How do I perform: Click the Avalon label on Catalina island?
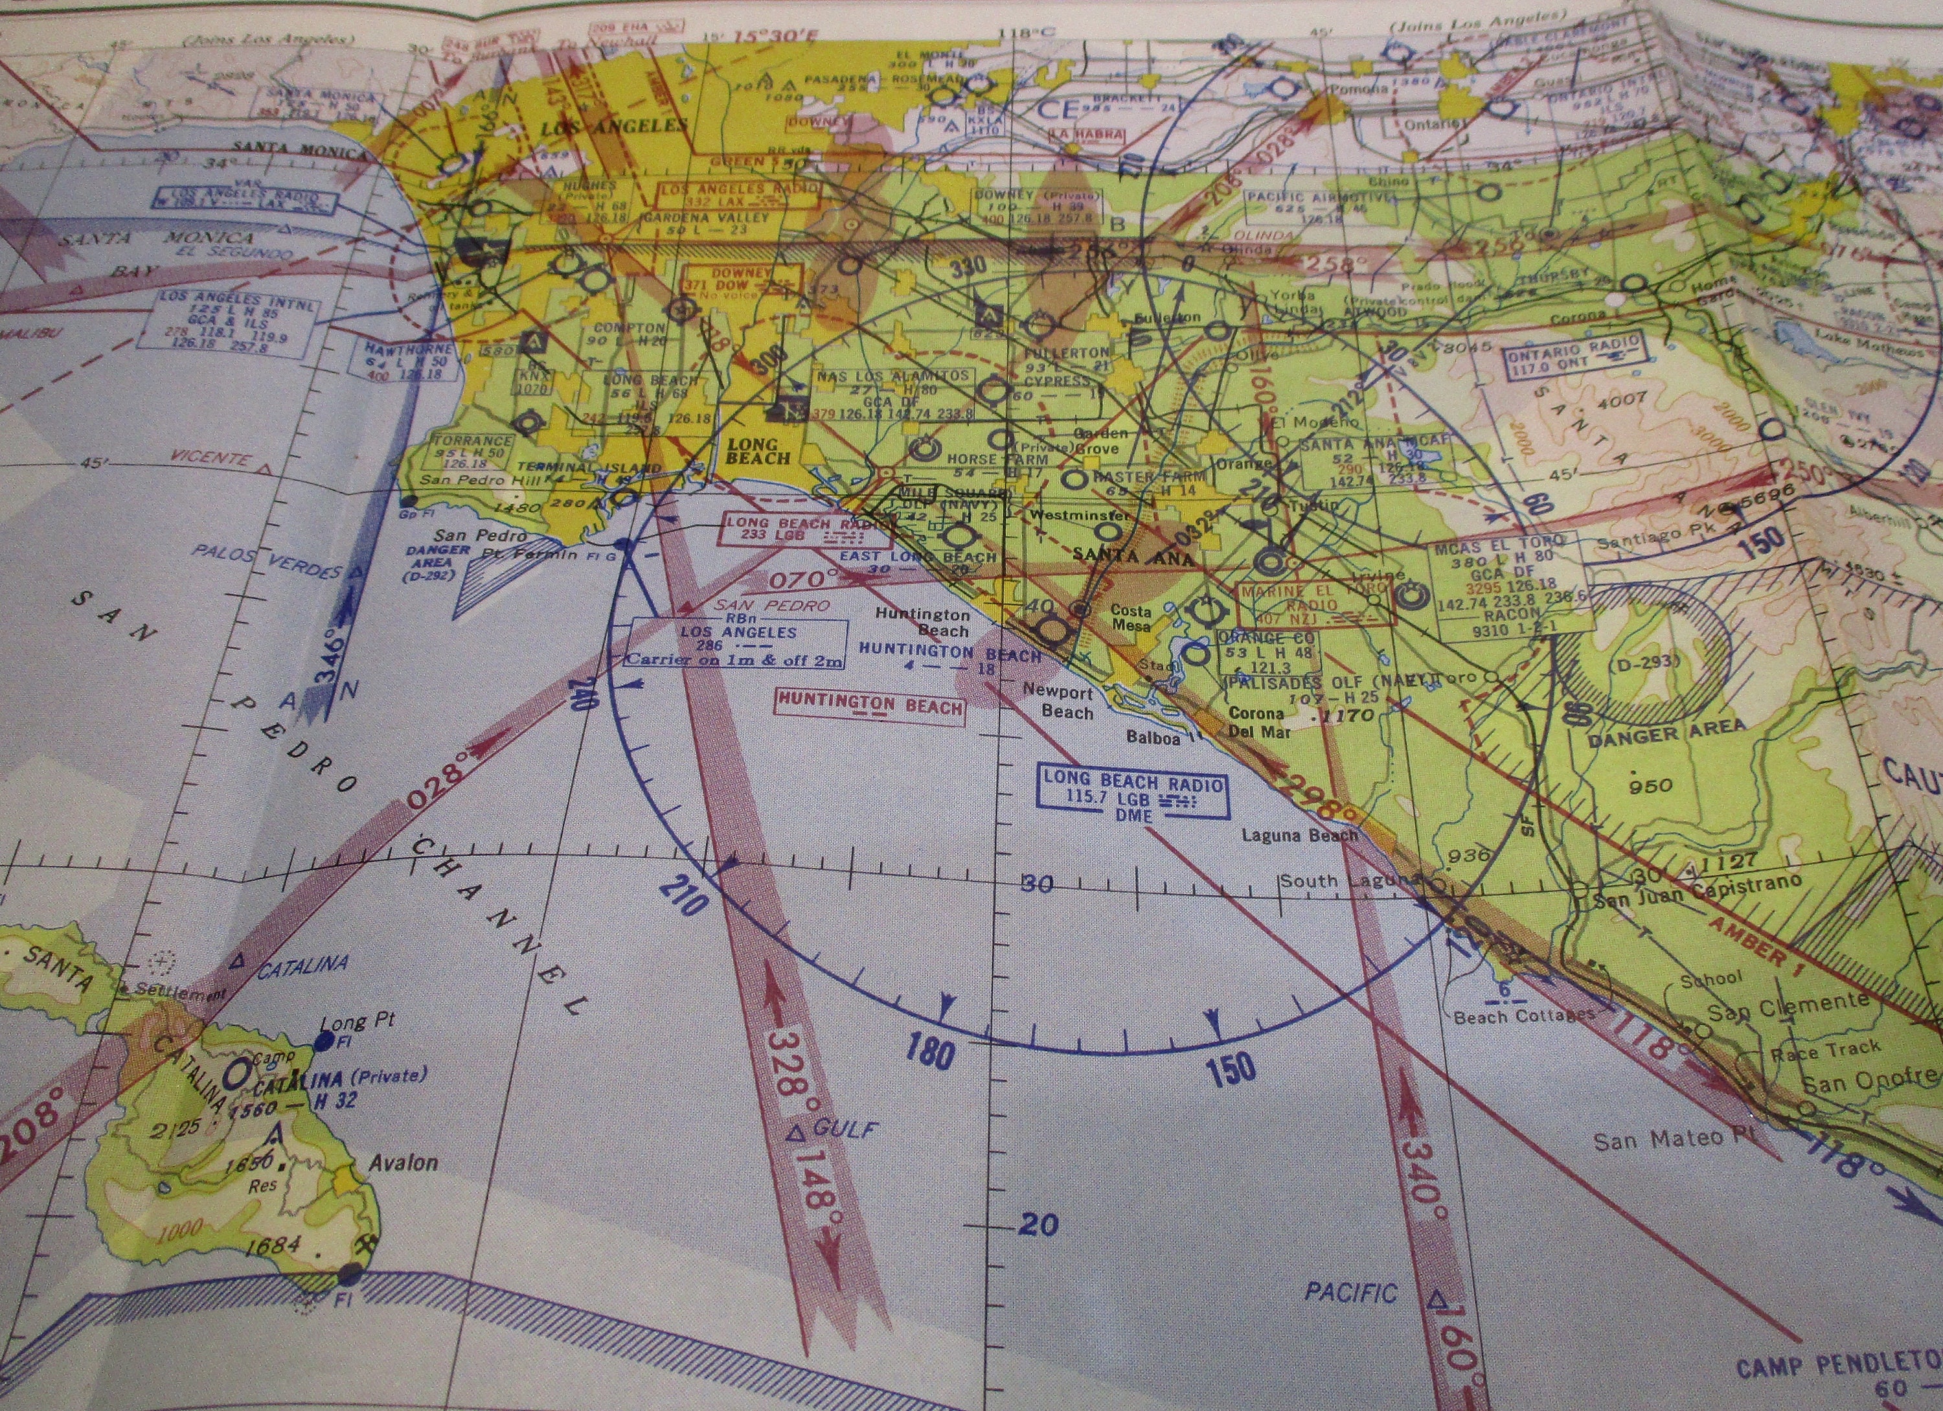coord(403,1164)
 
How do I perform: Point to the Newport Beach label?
coord(1067,702)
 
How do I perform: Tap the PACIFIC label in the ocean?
coord(1351,1291)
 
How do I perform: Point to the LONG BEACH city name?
coord(753,451)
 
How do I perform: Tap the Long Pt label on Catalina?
coord(356,1022)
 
